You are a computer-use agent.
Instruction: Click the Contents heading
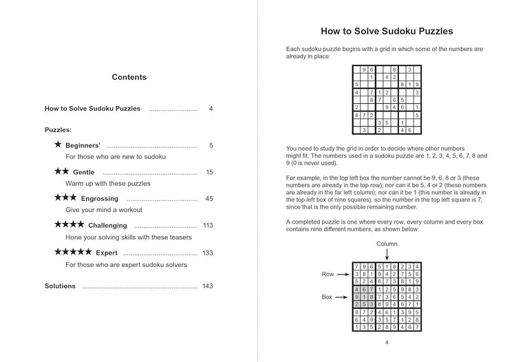pos(129,77)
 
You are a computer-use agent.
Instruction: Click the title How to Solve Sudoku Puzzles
pos(387,31)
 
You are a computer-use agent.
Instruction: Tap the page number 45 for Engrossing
pos(209,199)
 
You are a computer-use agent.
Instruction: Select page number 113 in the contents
pos(208,226)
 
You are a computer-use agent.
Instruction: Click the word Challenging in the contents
pos(107,226)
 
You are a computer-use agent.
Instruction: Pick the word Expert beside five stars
pos(107,253)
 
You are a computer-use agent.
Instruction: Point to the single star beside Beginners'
pos(58,145)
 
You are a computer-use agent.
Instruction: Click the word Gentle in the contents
pos(84,172)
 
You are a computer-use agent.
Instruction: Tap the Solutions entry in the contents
pos(61,286)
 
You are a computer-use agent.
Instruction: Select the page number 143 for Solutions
pos(208,286)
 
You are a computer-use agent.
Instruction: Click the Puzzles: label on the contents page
pos(58,129)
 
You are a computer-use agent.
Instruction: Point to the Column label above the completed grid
pos(387,244)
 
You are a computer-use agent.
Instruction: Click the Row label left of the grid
pos(327,274)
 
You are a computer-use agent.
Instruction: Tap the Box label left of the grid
pos(327,297)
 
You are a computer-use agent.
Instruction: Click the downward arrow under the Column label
pos(387,255)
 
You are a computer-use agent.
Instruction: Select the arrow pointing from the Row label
pos(343,274)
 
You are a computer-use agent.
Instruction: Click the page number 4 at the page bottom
pos(387,343)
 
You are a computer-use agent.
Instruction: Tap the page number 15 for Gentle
pos(209,172)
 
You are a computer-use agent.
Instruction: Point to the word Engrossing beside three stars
pos(100,199)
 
